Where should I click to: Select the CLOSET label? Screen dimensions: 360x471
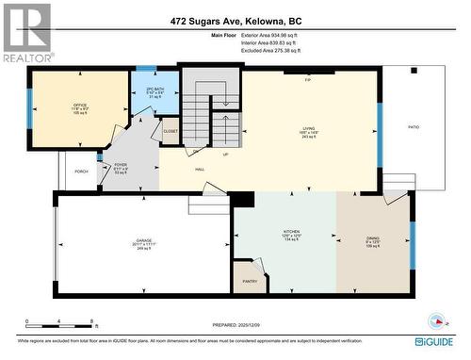pyautogui.click(x=171, y=132)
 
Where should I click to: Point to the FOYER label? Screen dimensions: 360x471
pyautogui.click(x=121, y=165)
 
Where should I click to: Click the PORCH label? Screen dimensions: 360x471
pyautogui.click(x=82, y=172)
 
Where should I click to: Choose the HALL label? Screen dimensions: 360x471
pyautogui.click(x=200, y=170)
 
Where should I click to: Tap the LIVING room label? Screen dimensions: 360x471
pyautogui.click(x=308, y=129)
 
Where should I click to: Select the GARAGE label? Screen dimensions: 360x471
pyautogui.click(x=142, y=242)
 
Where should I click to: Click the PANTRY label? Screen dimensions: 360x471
pyautogui.click(x=250, y=281)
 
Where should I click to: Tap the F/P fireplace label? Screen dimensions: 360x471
pyautogui.click(x=308, y=79)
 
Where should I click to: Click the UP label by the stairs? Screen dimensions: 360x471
pyautogui.click(x=225, y=154)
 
